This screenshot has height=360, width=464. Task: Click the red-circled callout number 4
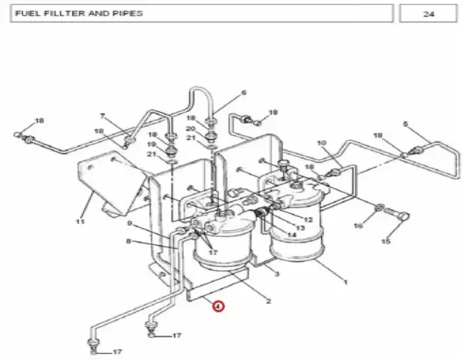pyautogui.click(x=218, y=306)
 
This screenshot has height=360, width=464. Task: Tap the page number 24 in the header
pyautogui.click(x=428, y=14)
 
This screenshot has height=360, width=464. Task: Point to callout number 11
pyautogui.click(x=80, y=222)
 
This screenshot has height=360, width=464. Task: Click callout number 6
pyautogui.click(x=244, y=93)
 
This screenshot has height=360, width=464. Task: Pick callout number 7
pyautogui.click(x=103, y=116)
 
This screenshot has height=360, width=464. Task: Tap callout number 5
pyautogui.click(x=405, y=124)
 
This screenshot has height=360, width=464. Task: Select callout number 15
pyautogui.click(x=386, y=242)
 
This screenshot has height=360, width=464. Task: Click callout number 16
pyautogui.click(x=358, y=226)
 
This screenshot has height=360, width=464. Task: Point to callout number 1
pyautogui.click(x=345, y=282)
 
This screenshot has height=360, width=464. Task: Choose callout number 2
pyautogui.click(x=268, y=301)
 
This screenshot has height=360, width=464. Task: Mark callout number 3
pyautogui.click(x=277, y=274)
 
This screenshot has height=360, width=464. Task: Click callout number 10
pyautogui.click(x=322, y=143)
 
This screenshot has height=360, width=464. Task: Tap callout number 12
pyautogui.click(x=308, y=219)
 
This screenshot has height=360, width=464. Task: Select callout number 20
pyautogui.click(x=190, y=129)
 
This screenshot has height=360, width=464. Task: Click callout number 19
pyautogui.click(x=152, y=144)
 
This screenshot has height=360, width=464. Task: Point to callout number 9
pyautogui.click(x=129, y=223)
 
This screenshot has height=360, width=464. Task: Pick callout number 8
pyautogui.click(x=128, y=241)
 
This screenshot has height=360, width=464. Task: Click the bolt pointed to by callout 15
pyautogui.click(x=397, y=214)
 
